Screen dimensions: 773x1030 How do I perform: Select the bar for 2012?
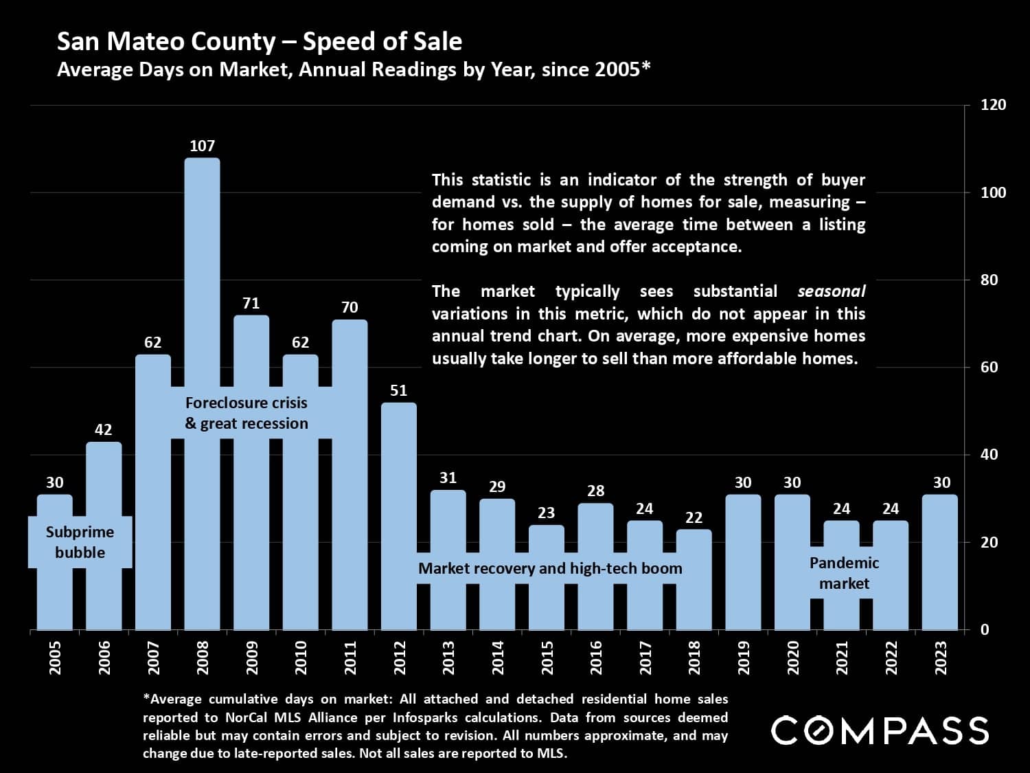[x=398, y=515]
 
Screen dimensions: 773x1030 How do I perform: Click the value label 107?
[x=202, y=146]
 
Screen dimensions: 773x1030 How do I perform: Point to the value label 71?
[x=251, y=303]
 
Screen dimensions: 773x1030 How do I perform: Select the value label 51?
[x=398, y=390]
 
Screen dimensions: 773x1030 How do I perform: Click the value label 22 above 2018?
[x=694, y=517]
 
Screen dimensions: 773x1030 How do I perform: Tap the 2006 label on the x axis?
[x=104, y=658]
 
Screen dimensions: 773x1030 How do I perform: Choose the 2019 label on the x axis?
[x=744, y=658]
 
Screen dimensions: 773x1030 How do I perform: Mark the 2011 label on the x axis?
[x=350, y=658]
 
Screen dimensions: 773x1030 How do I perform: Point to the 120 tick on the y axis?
[x=993, y=105]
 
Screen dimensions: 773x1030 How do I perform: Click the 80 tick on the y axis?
[x=989, y=280]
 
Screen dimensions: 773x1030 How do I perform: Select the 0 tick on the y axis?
[x=984, y=629]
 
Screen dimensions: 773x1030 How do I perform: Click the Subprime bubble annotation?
[x=80, y=542]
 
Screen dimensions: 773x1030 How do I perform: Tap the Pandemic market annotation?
[x=844, y=573]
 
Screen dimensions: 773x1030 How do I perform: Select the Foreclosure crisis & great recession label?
[x=247, y=413]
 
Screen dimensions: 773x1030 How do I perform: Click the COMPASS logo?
[x=880, y=730]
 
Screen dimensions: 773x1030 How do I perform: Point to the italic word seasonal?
[x=831, y=291]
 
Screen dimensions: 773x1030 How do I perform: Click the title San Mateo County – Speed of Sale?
[x=259, y=42]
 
